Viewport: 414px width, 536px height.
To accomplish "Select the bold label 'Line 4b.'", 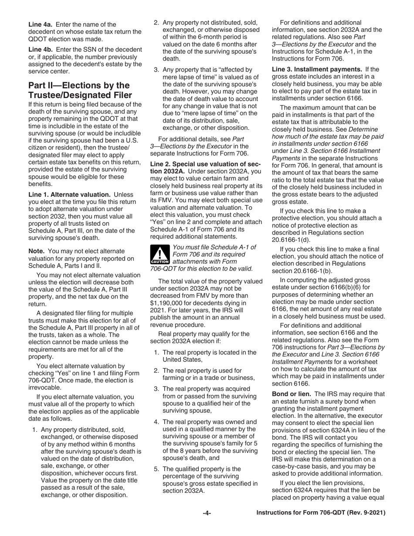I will click(x=42, y=50).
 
